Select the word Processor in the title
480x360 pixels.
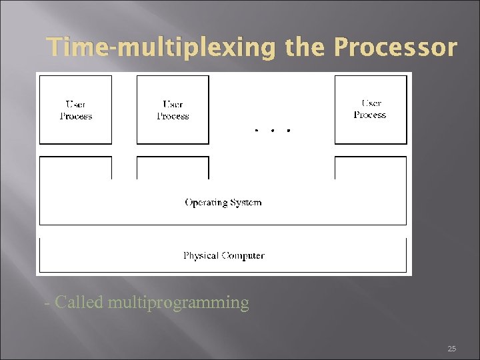[395, 49]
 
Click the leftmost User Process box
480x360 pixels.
[75, 109]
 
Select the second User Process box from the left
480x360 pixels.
[173, 109]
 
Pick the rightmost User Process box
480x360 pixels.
[370, 109]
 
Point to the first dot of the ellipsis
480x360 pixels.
[257, 130]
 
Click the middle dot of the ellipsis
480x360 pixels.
[273, 130]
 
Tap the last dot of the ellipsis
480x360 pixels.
[288, 130]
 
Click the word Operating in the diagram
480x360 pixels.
[205, 203]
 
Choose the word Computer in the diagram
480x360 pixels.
[243, 255]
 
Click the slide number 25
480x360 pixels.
[451, 349]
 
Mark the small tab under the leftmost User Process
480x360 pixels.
[75, 167]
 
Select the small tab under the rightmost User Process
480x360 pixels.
[370, 167]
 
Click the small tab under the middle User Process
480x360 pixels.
[173, 167]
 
